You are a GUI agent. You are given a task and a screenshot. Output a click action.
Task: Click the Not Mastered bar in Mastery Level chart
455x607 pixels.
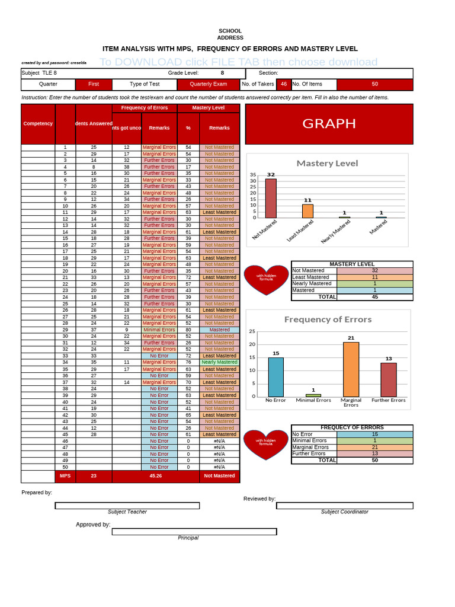point(271,199)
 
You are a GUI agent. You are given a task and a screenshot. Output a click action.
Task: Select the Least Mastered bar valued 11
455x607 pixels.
point(307,211)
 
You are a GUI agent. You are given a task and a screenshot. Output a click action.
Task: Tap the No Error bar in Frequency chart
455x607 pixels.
point(275,377)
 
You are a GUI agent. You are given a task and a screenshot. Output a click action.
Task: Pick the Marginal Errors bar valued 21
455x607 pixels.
point(351,369)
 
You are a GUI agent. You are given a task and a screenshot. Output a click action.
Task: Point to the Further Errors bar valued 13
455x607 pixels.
point(389,379)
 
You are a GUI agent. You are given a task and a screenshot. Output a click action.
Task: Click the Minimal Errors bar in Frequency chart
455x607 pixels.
point(313,395)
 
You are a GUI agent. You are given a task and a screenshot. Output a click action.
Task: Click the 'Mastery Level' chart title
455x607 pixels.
point(327,163)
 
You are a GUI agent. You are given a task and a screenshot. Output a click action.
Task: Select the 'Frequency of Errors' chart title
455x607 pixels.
point(328,319)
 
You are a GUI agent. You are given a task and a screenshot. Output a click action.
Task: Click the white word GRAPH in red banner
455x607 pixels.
point(329,123)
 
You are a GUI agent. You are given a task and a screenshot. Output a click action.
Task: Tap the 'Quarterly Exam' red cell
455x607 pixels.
point(209,84)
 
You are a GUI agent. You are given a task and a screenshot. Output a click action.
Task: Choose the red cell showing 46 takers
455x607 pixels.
point(284,84)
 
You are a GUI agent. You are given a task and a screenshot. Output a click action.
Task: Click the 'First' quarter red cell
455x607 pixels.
point(94,84)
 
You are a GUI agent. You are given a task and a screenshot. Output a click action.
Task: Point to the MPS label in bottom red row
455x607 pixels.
point(65,475)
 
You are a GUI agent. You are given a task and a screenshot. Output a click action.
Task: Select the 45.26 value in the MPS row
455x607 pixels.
point(156,475)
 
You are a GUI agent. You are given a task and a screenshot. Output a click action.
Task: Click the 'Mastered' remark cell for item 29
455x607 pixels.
point(219,330)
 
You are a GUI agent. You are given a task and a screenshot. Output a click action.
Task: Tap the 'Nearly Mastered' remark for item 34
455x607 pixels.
point(219,362)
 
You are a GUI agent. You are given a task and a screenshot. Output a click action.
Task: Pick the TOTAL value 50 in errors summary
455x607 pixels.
point(374,460)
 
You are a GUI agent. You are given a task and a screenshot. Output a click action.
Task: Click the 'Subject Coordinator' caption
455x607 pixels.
point(344,512)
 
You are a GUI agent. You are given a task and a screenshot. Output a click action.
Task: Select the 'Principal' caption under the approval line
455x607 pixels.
point(188,538)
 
